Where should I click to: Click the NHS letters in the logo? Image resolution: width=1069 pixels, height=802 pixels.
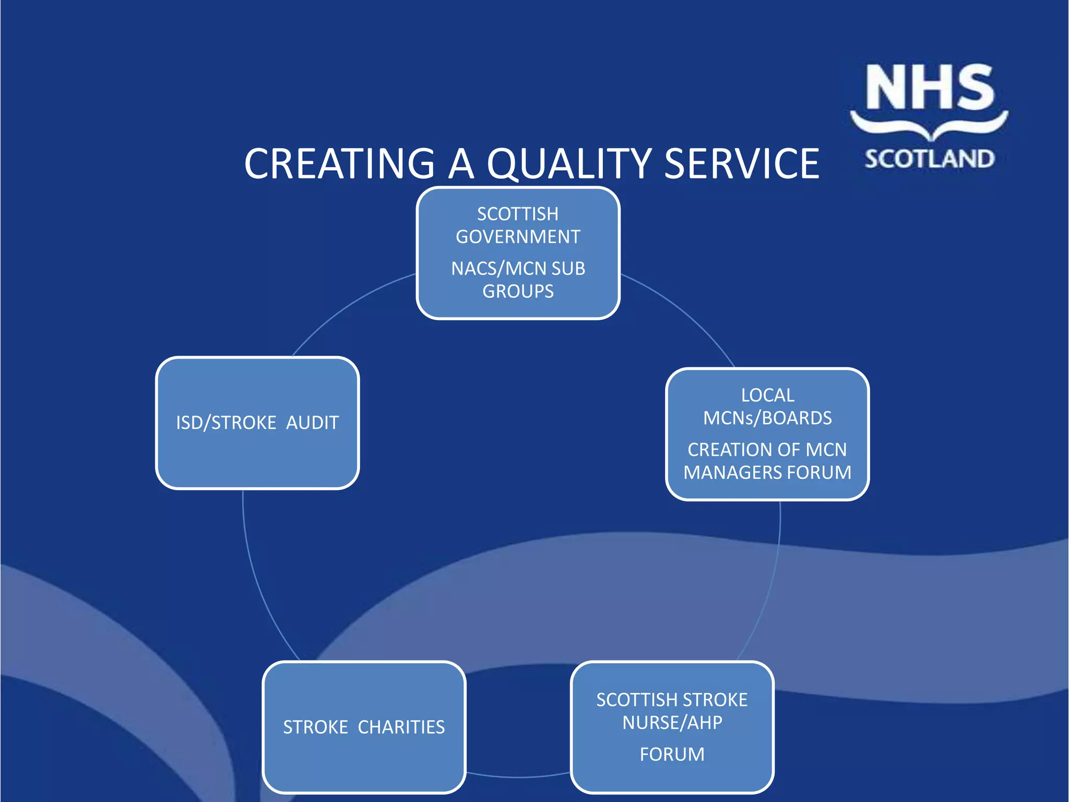[x=930, y=88]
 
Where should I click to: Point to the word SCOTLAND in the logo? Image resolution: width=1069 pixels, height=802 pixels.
[x=930, y=159]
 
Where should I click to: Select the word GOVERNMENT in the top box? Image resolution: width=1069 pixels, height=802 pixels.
[x=518, y=237]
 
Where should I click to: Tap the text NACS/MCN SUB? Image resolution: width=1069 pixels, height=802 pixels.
[x=518, y=268]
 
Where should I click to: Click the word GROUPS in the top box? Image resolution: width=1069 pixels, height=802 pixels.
[x=518, y=291]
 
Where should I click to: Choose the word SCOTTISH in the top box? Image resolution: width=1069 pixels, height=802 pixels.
[x=518, y=214]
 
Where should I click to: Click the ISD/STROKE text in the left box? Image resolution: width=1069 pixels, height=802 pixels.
[x=226, y=422]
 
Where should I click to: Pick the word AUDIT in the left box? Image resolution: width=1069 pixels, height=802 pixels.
[x=312, y=422]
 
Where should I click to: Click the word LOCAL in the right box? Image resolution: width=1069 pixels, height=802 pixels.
[x=767, y=395]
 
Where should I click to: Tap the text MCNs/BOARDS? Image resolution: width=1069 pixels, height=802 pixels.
[x=767, y=418]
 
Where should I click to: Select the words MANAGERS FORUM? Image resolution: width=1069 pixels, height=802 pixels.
[x=767, y=473]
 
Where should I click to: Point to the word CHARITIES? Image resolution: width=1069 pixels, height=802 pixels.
[x=401, y=727]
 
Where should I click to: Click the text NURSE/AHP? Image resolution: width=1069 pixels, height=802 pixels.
[x=672, y=723]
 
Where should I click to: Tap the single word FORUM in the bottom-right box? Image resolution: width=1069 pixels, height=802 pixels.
[x=672, y=754]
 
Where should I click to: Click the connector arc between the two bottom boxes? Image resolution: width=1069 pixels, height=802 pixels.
[x=518, y=776]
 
